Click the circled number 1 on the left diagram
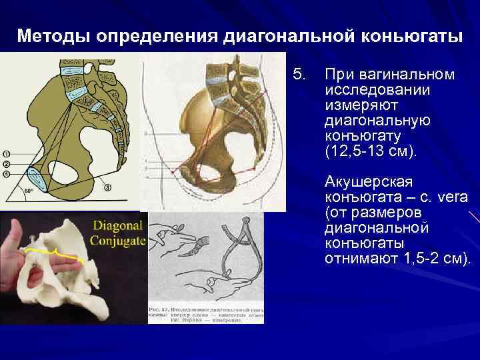(6, 151)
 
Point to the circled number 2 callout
(6, 163)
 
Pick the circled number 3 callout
(108, 187)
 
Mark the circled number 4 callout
(6, 174)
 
